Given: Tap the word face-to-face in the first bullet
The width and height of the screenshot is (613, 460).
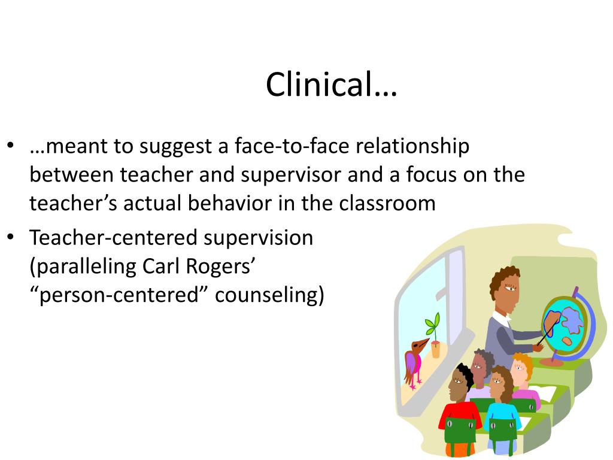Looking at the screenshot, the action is click(x=292, y=146).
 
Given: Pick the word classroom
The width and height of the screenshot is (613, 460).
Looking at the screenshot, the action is click(x=387, y=204).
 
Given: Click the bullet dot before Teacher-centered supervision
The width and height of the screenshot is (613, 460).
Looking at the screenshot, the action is click(x=10, y=237).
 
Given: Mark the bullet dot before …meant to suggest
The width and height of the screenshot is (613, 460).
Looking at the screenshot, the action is click(x=10, y=146).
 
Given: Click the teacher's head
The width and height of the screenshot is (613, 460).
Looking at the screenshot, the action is click(x=505, y=289).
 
